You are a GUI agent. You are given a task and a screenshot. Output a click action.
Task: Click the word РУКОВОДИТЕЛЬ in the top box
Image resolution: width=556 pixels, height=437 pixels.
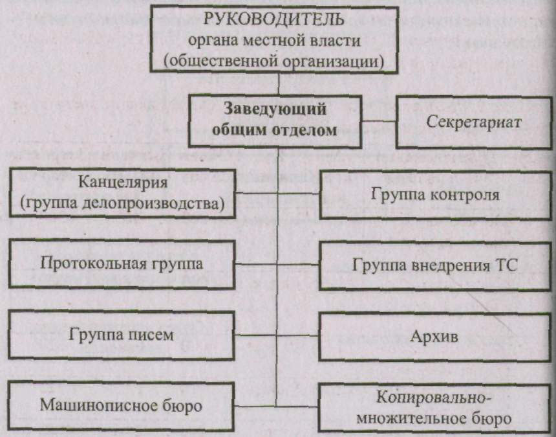273,19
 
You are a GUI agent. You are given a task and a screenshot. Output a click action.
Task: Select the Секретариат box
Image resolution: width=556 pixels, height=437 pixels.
475,122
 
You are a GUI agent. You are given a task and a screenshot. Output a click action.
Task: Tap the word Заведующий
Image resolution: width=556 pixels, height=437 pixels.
275,109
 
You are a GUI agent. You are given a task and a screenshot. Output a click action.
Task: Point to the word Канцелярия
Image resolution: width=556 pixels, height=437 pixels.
123,182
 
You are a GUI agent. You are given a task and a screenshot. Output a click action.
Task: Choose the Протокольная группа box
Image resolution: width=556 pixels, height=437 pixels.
122,264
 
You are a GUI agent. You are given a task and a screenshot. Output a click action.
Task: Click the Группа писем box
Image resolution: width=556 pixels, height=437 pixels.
122,335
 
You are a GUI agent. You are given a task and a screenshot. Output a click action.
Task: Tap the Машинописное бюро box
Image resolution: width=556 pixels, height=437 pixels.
122,405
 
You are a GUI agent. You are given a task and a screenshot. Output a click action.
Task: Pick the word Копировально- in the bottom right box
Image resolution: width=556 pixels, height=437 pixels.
434,398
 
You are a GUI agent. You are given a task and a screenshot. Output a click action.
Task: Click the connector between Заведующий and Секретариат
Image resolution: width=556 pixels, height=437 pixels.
379,121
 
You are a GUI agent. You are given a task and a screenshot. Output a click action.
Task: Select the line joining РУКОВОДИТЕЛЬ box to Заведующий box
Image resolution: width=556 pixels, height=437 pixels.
279,84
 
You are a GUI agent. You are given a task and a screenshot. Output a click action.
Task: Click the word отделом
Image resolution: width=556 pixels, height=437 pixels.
305,130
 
